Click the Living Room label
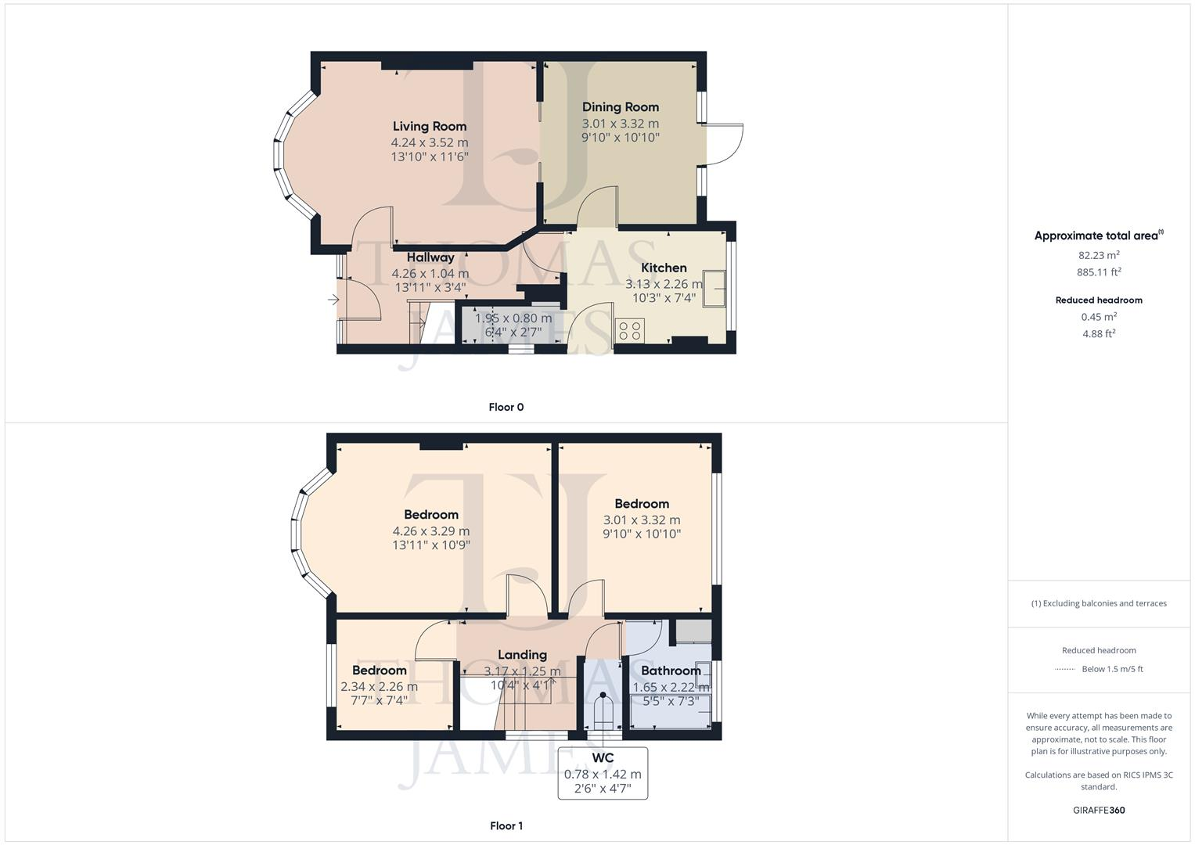pyautogui.click(x=430, y=127)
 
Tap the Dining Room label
pyautogui.click(x=621, y=107)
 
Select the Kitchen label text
pyautogui.click(x=664, y=268)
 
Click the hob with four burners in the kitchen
pyautogui.click(x=629, y=330)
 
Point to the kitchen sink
pyautogui.click(x=714, y=289)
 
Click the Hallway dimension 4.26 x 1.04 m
pyautogui.click(x=430, y=274)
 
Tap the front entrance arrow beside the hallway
pyautogui.click(x=333, y=300)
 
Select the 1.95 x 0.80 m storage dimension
pyautogui.click(x=513, y=318)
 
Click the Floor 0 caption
pyautogui.click(x=506, y=407)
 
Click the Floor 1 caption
pyautogui.click(x=506, y=825)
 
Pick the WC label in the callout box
pyautogui.click(x=603, y=758)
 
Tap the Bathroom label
pyautogui.click(x=671, y=671)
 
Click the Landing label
pyautogui.click(x=522, y=655)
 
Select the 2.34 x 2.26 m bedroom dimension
pyautogui.click(x=380, y=687)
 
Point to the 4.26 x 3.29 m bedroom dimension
pyautogui.click(x=431, y=531)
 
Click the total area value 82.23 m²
pyautogui.click(x=1099, y=255)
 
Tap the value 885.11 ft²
pyautogui.click(x=1099, y=272)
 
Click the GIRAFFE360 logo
pyautogui.click(x=1099, y=811)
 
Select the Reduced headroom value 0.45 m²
pyautogui.click(x=1099, y=317)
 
